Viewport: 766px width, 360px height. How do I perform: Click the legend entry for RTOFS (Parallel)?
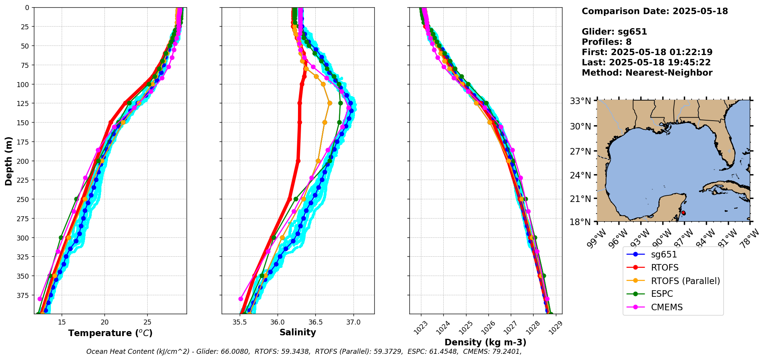coord(685,281)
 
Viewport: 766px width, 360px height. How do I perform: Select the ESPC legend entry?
coord(662,294)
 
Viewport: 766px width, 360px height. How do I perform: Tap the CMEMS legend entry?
coord(667,307)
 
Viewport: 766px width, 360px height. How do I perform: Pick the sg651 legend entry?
coord(664,255)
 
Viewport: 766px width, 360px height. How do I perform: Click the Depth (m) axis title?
coord(8,161)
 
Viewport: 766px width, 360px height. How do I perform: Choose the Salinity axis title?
coord(298,333)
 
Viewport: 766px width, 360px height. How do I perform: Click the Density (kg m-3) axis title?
coord(485,342)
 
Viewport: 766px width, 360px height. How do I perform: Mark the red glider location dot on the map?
coord(684,213)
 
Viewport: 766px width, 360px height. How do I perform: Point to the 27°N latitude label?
coord(580,151)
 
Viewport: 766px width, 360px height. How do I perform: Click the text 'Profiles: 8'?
coord(606,42)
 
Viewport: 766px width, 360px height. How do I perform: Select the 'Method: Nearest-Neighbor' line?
coord(647,73)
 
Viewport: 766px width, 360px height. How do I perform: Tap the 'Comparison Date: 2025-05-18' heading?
coord(655,11)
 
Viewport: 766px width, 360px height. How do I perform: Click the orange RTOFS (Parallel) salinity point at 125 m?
coord(330,103)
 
